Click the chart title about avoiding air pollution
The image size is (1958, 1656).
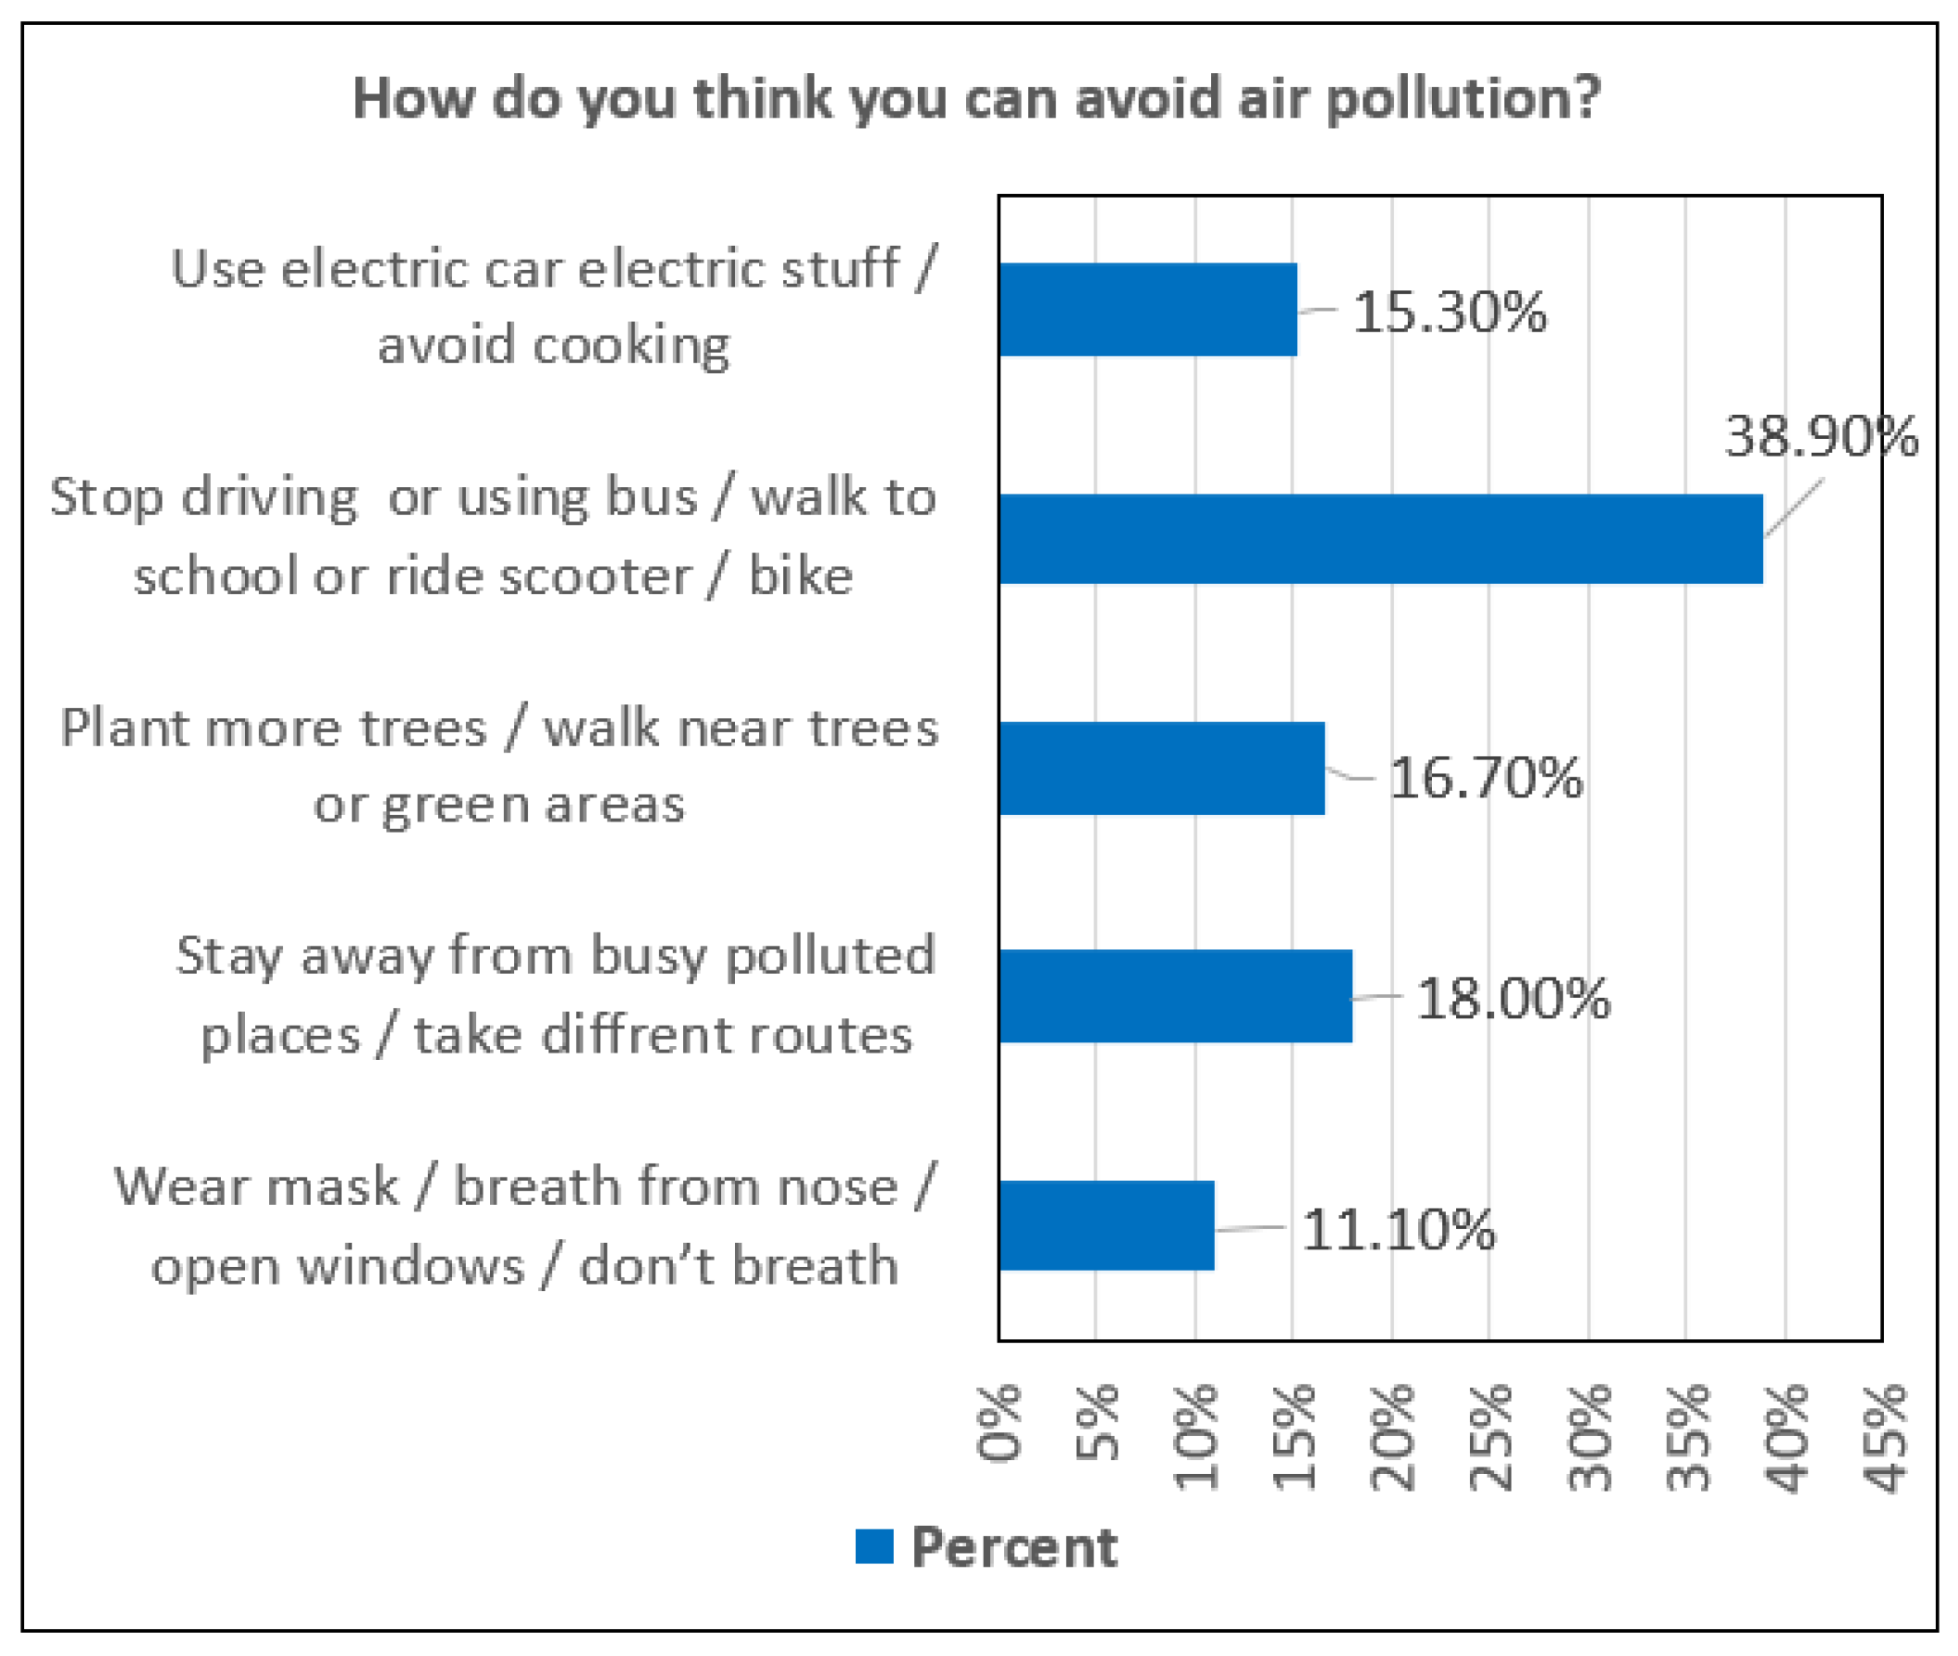tap(976, 99)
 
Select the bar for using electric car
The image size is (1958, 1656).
tap(1147, 310)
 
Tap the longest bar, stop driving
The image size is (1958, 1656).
tap(1380, 539)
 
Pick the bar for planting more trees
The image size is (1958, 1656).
tap(1162, 768)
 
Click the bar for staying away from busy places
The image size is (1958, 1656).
tap(1176, 996)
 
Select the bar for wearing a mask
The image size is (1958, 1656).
tap(1107, 1225)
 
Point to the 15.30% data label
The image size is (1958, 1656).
tap(1448, 311)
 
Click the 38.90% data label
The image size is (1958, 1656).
tap(1820, 436)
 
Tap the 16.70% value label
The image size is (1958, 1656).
tap(1485, 777)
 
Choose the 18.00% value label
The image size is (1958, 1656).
tap(1511, 998)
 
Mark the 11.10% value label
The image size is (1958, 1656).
tap(1399, 1230)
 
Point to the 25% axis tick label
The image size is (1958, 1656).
tap(1490, 1436)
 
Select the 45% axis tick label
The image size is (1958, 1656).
tap(1885, 1436)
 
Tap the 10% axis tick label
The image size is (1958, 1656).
tap(1195, 1436)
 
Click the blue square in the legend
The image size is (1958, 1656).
tap(874, 1546)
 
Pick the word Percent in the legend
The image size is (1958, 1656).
tap(1014, 1547)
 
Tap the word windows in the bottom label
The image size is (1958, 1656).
tap(410, 1265)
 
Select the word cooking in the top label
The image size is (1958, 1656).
tap(631, 346)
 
